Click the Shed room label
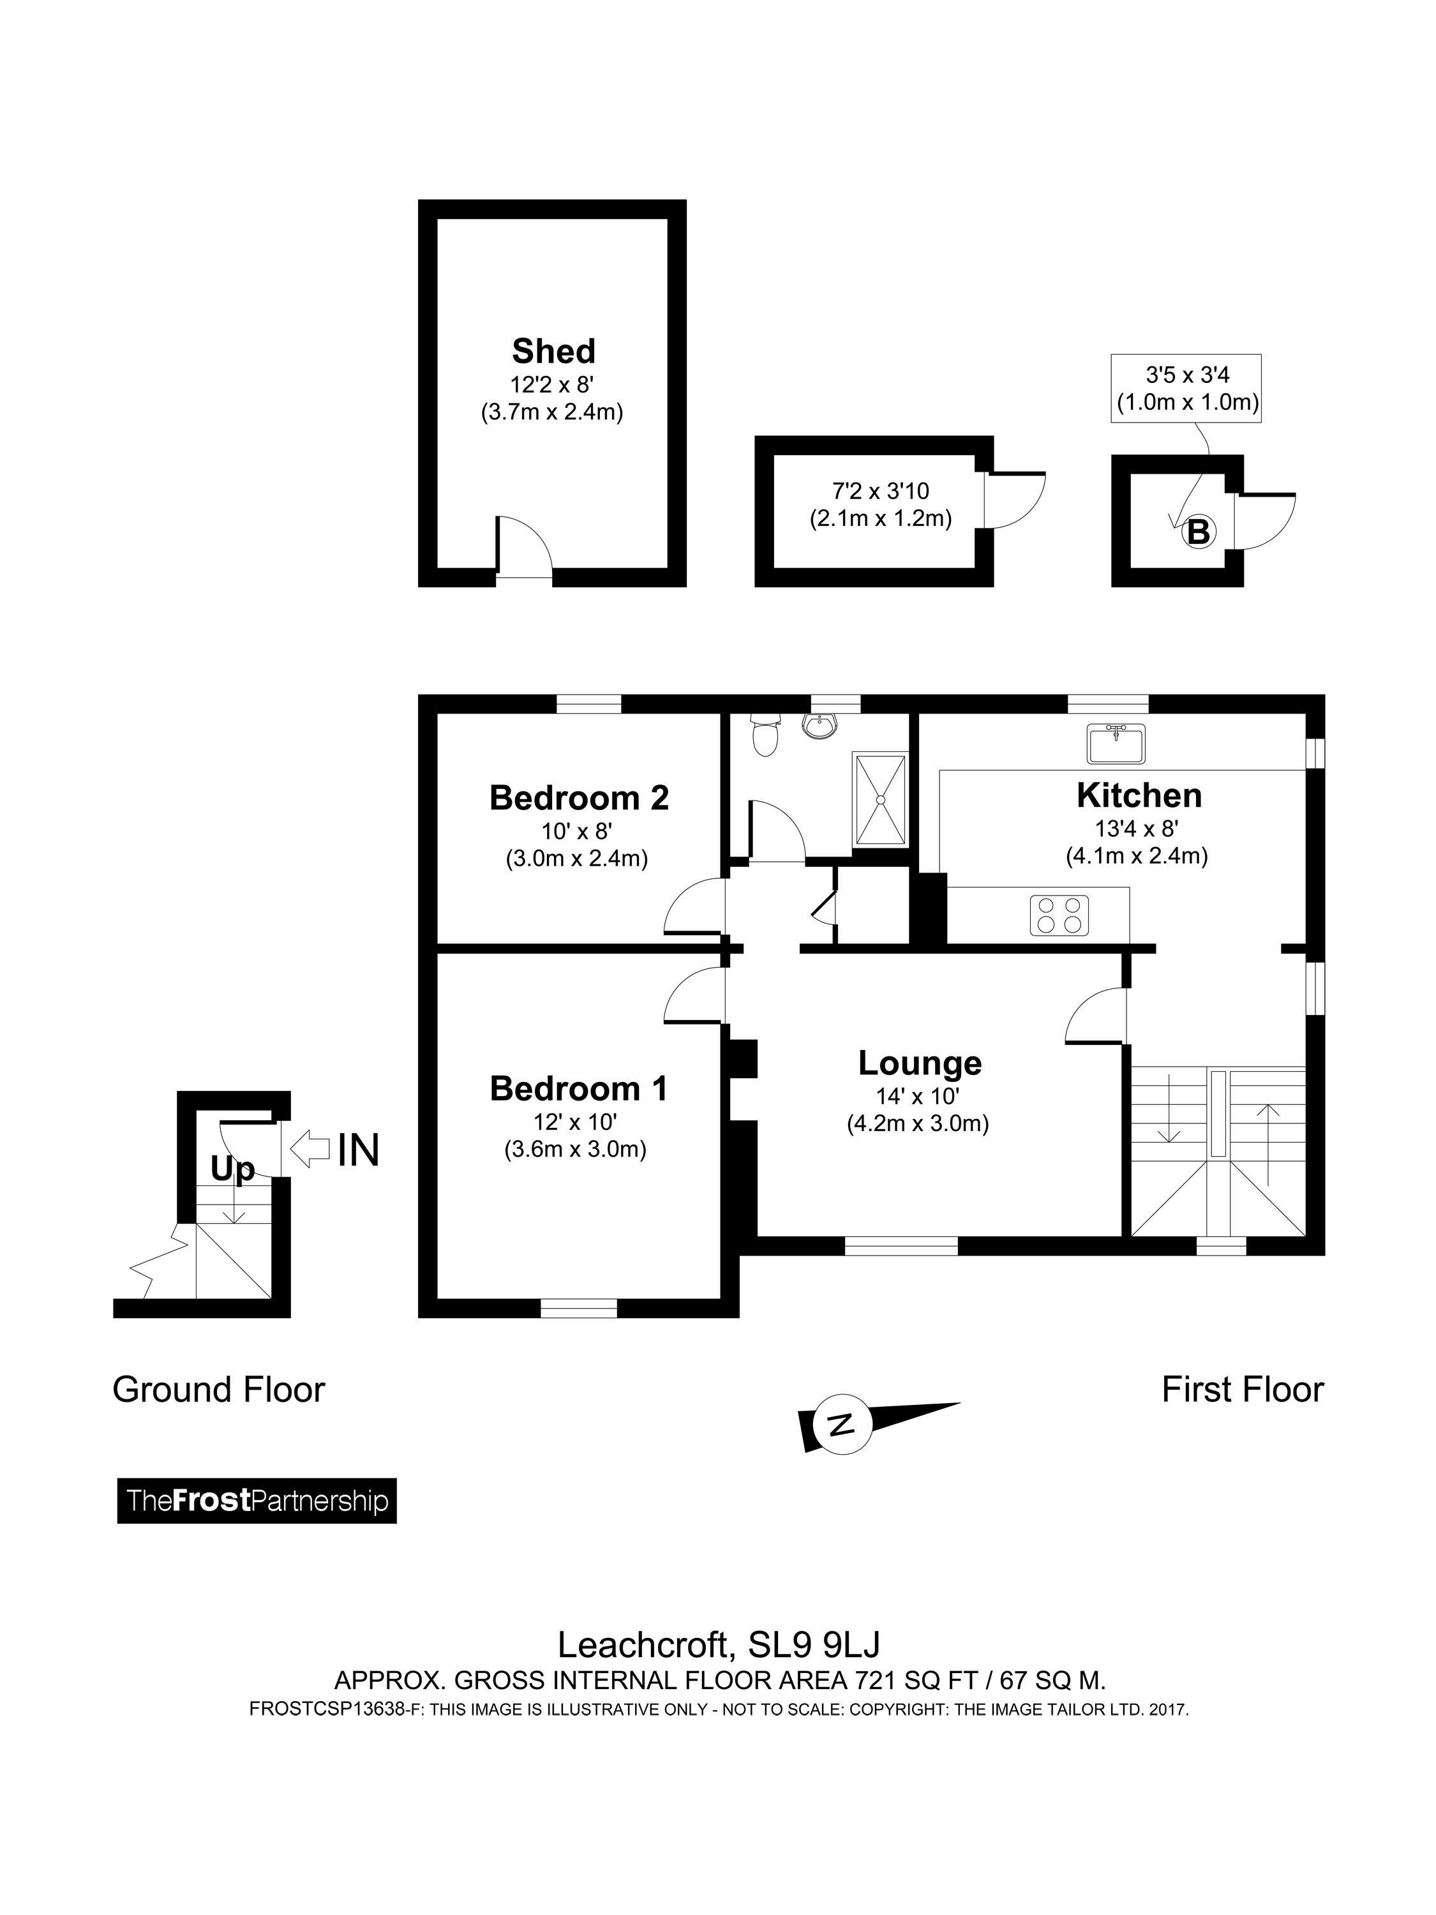pyautogui.click(x=553, y=352)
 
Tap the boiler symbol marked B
pyautogui.click(x=1199, y=530)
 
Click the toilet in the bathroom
pyautogui.click(x=765, y=733)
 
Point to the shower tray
pyautogui.click(x=880, y=799)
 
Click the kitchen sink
pyautogui.click(x=1117, y=744)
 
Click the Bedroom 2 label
pyautogui.click(x=579, y=797)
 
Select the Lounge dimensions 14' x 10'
pyautogui.click(x=918, y=1096)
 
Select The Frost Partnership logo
pyautogui.click(x=257, y=1500)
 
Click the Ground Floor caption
pyautogui.click(x=219, y=1390)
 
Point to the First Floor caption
pyautogui.click(x=1242, y=1390)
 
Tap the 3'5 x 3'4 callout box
pyautogui.click(x=1186, y=388)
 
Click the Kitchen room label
pyautogui.click(x=1139, y=795)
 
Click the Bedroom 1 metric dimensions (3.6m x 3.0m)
pyautogui.click(x=576, y=1150)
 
